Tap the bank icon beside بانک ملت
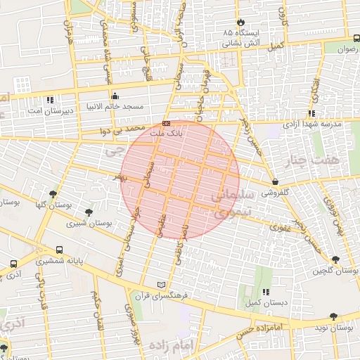pos(166,124)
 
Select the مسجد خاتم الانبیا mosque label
pos(115,106)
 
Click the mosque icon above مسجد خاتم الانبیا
pos(115,96)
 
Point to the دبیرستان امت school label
pos(49,111)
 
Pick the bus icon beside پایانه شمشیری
pos(60,250)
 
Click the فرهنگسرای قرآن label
pos(163,295)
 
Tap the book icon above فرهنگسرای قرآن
pos(163,285)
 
